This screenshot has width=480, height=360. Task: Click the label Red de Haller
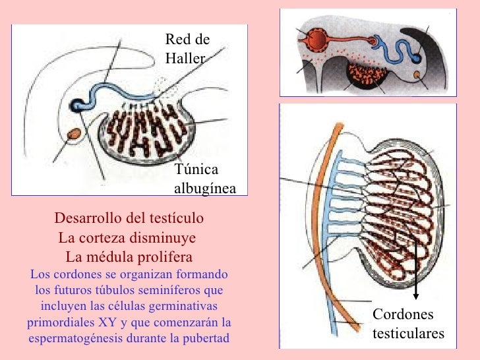click(x=187, y=49)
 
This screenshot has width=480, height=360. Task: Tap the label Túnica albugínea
click(x=205, y=179)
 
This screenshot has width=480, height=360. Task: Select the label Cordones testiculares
click(x=408, y=324)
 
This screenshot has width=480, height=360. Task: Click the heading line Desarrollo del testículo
click(x=129, y=218)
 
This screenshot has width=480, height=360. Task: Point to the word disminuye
click(x=163, y=237)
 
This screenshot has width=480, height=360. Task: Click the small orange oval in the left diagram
click(x=74, y=134)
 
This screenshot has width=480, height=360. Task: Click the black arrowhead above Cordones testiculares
click(x=415, y=296)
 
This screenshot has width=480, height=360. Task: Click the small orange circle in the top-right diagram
click(x=417, y=75)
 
